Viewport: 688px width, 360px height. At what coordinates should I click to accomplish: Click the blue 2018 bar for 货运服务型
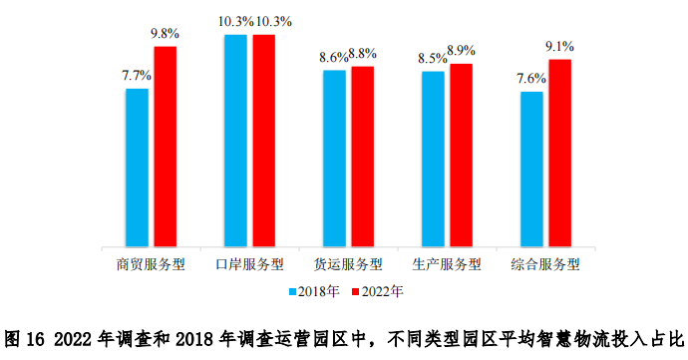click(x=334, y=159)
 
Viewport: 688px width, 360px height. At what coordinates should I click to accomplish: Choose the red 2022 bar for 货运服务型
click(x=362, y=157)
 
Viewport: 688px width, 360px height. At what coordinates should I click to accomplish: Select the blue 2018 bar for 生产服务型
click(x=433, y=160)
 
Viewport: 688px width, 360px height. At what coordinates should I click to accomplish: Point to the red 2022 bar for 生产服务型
click(x=461, y=156)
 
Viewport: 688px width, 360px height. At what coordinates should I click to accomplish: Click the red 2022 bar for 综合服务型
click(x=559, y=154)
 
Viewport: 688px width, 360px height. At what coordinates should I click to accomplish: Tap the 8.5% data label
click(x=432, y=57)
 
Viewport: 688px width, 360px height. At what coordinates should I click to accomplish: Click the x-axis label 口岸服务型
click(x=249, y=264)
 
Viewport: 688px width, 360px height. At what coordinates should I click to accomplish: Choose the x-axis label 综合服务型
click(x=545, y=264)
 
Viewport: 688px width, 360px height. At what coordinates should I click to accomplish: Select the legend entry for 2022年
click(x=376, y=292)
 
